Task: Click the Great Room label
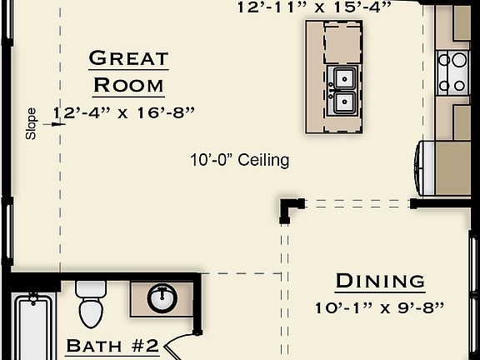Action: (x=128, y=72)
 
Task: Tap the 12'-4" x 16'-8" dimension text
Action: (x=123, y=112)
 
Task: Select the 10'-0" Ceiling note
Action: (x=238, y=160)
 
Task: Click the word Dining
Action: (x=380, y=281)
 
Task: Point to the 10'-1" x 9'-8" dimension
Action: (x=380, y=307)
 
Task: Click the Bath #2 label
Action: (x=112, y=346)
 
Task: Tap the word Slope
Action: (x=32, y=123)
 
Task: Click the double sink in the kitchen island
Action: (x=342, y=92)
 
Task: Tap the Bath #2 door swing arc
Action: (x=180, y=346)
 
